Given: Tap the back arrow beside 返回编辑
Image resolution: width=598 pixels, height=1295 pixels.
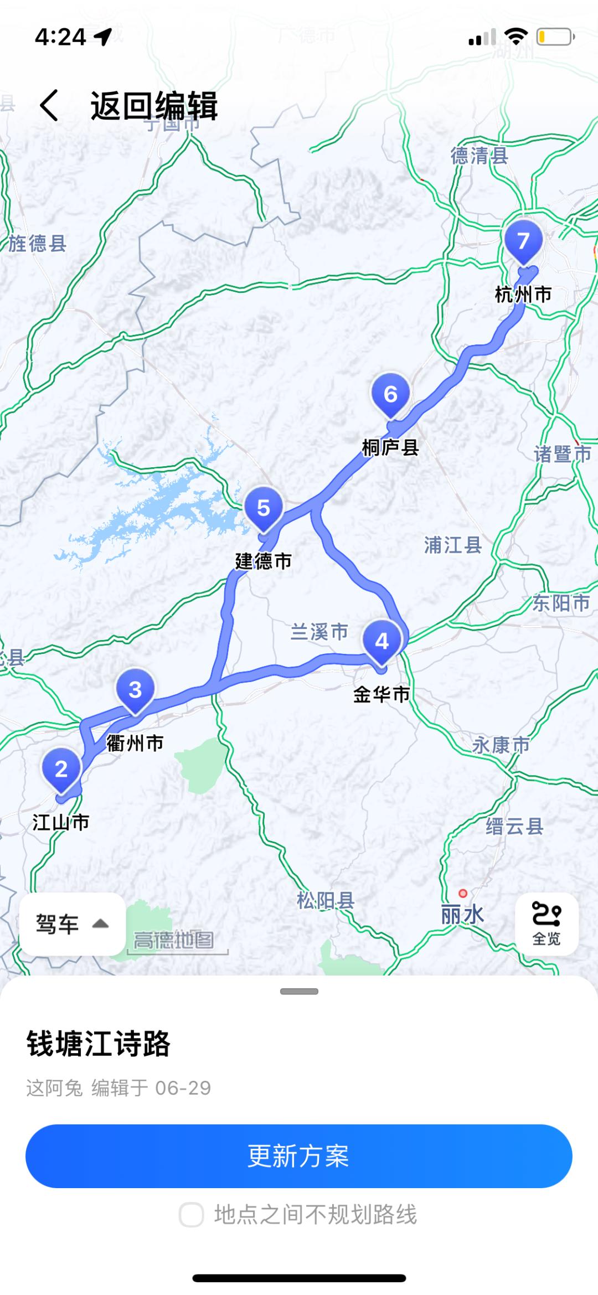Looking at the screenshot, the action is coord(49,105).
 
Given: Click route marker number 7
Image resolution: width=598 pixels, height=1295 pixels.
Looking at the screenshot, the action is coord(523,241).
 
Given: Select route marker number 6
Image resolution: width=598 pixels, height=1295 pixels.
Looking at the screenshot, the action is coord(390,395).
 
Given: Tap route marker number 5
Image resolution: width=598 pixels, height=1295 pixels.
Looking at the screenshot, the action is coord(264,508).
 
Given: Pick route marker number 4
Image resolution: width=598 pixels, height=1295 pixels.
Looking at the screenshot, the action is coord(382,642).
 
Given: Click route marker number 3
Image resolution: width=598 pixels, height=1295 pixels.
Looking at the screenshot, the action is coord(135,690).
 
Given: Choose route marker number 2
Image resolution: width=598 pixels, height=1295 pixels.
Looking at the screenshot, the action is coord(61,769).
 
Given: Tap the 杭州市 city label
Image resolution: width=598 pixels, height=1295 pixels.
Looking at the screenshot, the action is coord(523,295).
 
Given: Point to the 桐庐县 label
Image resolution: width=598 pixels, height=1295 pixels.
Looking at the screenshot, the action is coord(390,447).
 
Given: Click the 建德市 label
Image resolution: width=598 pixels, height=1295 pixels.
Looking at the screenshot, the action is coord(264,561).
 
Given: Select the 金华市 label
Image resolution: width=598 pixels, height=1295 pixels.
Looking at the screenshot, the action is coord(382,694).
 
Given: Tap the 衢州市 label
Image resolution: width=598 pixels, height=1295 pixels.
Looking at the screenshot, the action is coord(135,743).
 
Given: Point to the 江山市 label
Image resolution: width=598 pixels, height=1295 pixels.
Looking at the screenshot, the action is coord(61,823).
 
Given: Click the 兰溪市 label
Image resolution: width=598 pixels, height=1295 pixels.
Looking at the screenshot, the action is coord(319,632).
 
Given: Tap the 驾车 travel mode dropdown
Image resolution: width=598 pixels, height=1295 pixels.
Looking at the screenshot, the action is coord(72,924).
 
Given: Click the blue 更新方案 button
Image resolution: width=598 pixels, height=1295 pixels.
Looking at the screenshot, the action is coord(299,1157).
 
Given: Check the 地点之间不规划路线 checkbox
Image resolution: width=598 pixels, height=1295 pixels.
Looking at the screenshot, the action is coord(191,1215).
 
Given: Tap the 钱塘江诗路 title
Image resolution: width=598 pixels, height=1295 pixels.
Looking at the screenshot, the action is coord(99,1044).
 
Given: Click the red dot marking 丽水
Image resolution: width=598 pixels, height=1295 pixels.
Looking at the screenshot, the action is coord(463,894).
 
